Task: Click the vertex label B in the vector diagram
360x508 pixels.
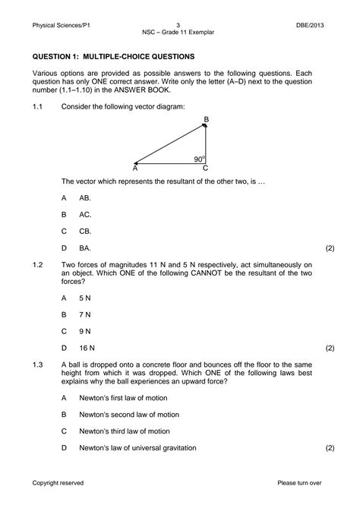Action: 206,120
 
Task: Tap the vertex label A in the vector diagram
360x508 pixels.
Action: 134,169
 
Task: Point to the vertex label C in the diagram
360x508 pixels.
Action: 205,169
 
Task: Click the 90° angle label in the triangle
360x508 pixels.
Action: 199,159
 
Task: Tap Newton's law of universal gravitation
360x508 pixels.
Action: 137,447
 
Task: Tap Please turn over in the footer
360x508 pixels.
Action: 300,482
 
